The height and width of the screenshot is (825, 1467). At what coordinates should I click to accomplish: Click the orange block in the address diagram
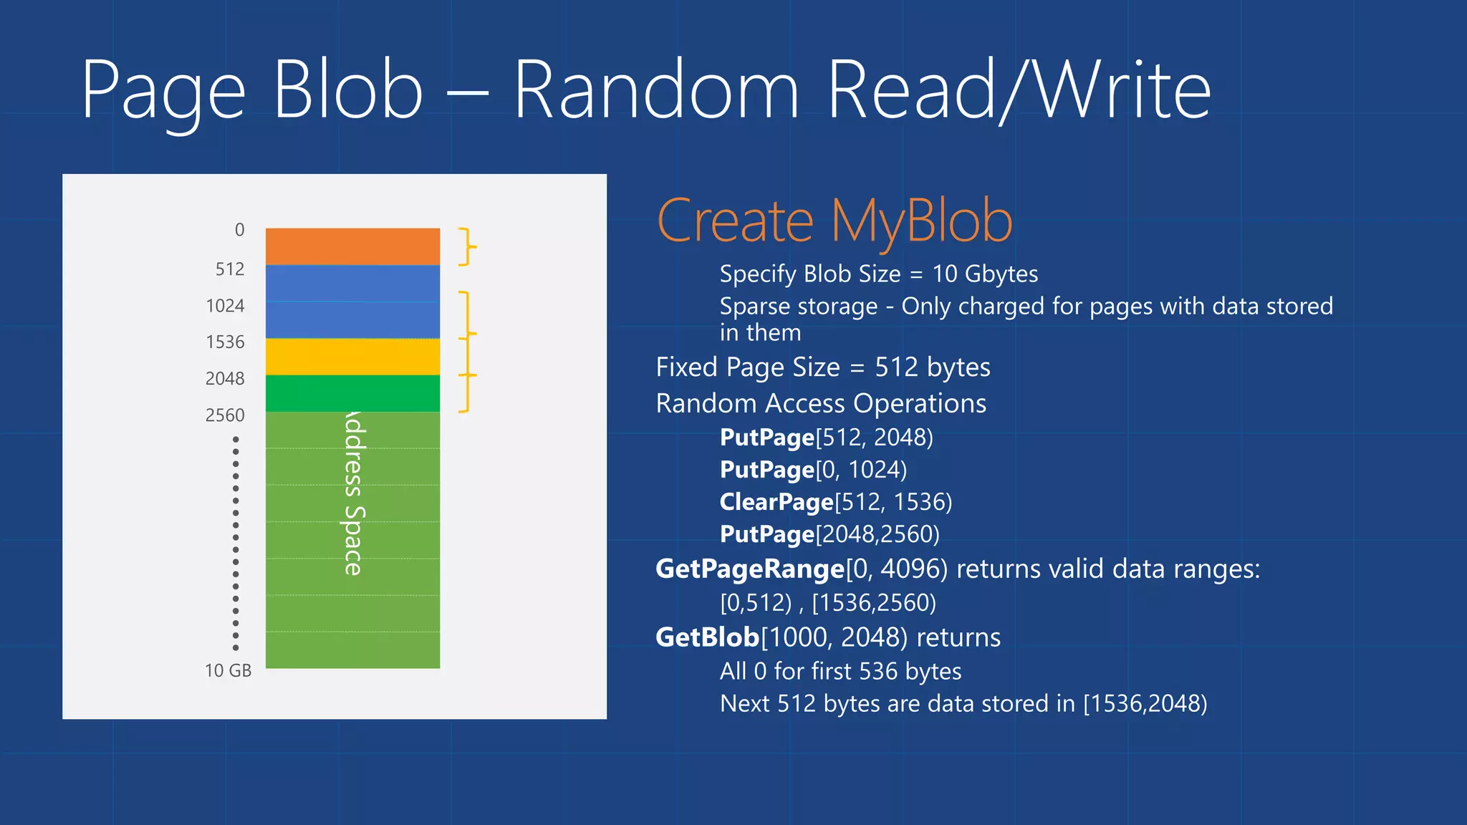pyautogui.click(x=352, y=246)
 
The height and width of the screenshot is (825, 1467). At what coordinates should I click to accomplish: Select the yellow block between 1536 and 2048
pyautogui.click(x=352, y=357)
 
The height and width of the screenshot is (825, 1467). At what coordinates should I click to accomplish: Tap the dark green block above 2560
pyautogui.click(x=352, y=393)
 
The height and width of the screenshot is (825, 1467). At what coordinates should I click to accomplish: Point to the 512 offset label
pyautogui.click(x=230, y=269)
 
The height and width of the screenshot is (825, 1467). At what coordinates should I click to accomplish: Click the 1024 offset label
pyautogui.click(x=225, y=306)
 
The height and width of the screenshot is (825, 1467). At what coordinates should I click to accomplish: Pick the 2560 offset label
pyautogui.click(x=225, y=415)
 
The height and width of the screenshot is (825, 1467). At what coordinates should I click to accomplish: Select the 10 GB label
pyautogui.click(x=228, y=671)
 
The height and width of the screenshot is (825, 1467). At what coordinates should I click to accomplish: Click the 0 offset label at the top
pyautogui.click(x=239, y=230)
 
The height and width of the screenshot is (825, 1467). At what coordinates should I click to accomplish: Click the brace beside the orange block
pyautogui.click(x=467, y=247)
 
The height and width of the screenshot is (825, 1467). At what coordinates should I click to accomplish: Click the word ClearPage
pyautogui.click(x=776, y=502)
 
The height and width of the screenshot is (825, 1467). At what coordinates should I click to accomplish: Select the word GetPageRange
pyautogui.click(x=750, y=569)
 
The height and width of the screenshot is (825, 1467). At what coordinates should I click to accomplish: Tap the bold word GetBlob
pyautogui.click(x=707, y=637)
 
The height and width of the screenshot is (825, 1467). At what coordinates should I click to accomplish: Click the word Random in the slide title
pyautogui.click(x=656, y=91)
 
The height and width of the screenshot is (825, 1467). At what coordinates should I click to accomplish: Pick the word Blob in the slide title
pyautogui.click(x=348, y=91)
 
